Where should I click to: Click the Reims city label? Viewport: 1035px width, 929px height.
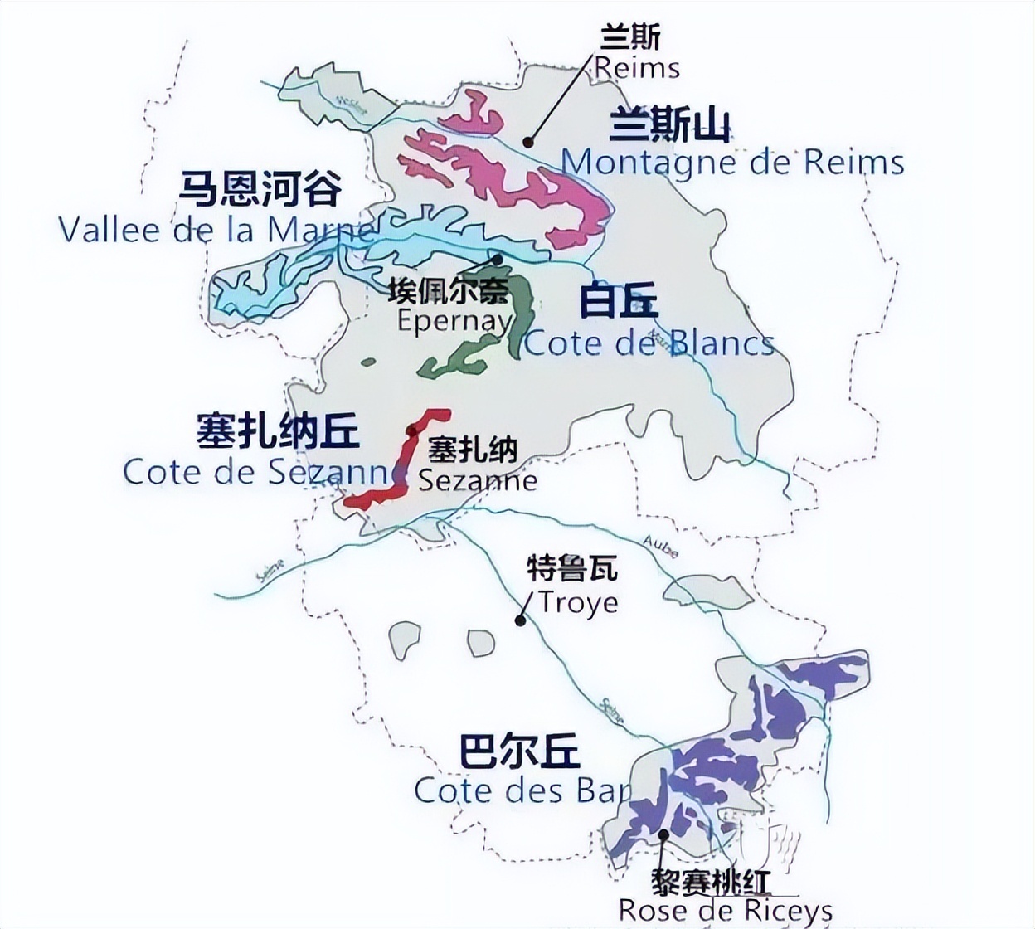point(637,67)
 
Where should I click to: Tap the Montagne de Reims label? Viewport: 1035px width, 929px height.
point(732,162)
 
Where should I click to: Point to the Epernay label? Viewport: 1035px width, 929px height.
point(453,320)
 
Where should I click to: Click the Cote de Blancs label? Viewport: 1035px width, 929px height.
point(649,343)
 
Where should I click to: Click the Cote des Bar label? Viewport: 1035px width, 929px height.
point(522,790)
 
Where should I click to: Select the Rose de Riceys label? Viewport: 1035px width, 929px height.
point(725,910)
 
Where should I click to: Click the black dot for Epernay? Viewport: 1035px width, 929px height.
point(498,260)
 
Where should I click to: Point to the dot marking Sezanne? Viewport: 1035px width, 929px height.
point(412,430)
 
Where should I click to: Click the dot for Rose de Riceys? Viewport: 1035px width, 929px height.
point(663,834)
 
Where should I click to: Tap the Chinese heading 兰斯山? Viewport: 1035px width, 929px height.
point(670,127)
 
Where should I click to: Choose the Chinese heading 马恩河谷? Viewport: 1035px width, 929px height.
point(261,189)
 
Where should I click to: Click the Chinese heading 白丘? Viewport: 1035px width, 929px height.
point(618,300)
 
